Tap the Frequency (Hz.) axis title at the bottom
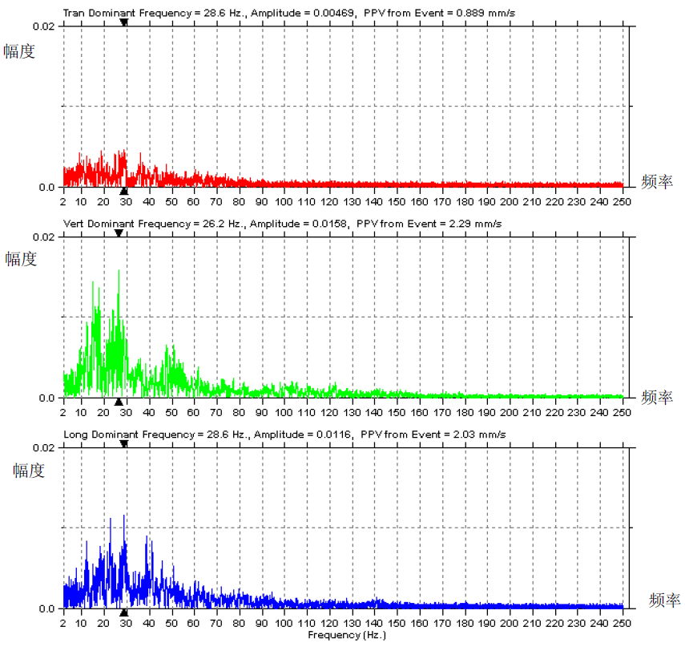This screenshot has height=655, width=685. tap(346, 635)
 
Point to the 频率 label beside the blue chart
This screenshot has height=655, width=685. tap(664, 600)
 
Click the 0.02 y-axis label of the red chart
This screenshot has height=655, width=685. tap(44, 26)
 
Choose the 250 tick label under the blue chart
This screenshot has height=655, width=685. tap(622, 623)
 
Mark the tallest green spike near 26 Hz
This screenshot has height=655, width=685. tap(119, 271)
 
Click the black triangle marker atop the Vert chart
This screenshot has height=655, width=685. tap(119, 233)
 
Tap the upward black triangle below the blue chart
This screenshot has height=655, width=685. tap(123, 613)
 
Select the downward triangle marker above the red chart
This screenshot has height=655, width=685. tap(123, 22)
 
